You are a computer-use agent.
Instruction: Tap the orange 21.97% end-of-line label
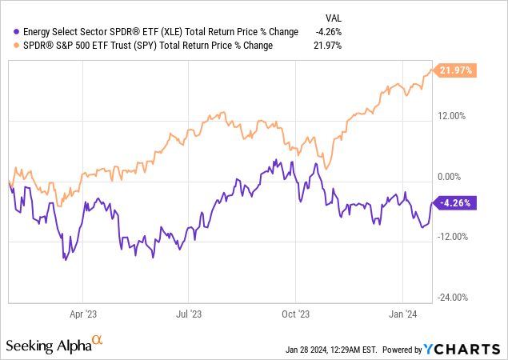point(454,71)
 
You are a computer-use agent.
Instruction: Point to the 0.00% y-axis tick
point(452,176)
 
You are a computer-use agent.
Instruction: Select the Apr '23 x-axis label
point(84,315)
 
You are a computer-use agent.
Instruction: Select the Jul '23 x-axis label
point(189,315)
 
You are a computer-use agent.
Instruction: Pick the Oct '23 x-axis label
point(295,315)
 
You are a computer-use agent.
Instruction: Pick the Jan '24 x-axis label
point(402,315)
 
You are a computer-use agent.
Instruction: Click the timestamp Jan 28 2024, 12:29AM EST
point(331,350)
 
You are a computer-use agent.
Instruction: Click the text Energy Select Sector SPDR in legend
point(80,32)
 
